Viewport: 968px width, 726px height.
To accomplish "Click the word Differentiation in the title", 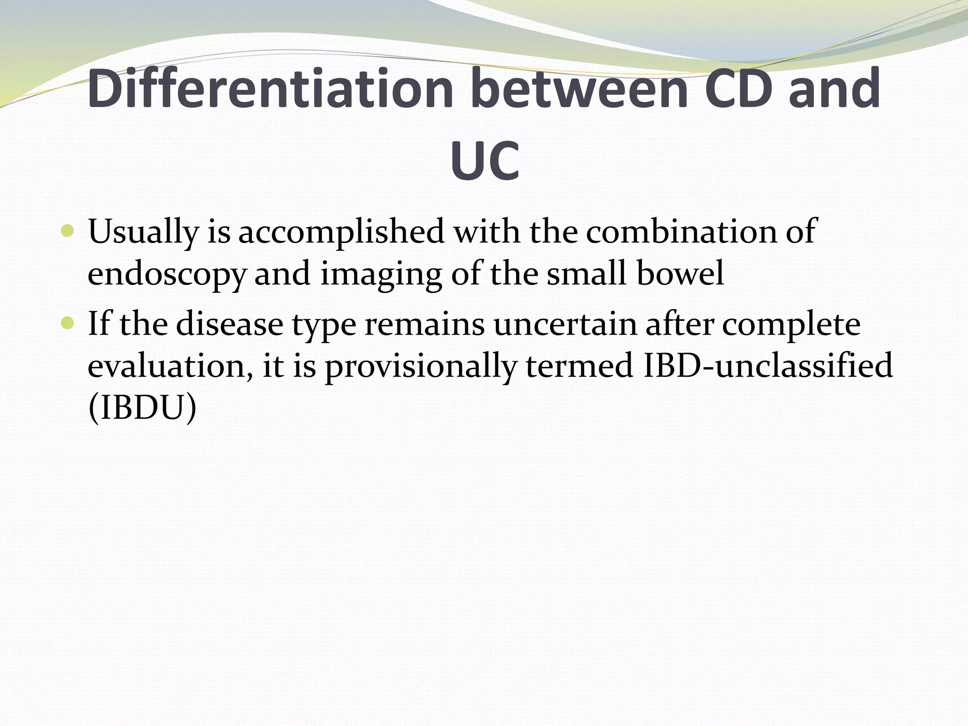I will click(270, 89).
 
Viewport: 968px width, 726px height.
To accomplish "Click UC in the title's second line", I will click(485, 162).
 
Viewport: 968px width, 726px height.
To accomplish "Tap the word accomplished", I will click(341, 233).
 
